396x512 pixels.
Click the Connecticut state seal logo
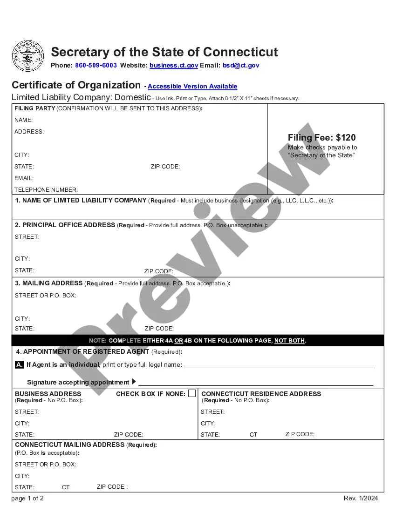point(28,56)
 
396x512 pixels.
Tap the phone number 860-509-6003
point(96,66)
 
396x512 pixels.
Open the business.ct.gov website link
point(174,66)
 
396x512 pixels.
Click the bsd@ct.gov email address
point(241,66)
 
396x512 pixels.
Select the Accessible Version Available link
point(192,87)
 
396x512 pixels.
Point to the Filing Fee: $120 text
point(321,137)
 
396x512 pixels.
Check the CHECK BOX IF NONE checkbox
point(192,394)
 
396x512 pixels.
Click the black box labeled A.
point(19,365)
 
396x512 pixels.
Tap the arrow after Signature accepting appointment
point(134,382)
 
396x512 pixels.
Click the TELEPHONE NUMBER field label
point(46,190)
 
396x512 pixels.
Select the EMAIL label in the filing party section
point(24,178)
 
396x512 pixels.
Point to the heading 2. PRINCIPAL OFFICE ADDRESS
point(65,225)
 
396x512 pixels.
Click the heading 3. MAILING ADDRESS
point(49,283)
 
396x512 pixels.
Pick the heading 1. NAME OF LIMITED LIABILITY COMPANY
point(81,201)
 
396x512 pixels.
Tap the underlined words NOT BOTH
point(289,341)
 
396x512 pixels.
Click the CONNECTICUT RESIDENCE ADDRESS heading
point(261,394)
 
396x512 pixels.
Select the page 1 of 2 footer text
point(27,499)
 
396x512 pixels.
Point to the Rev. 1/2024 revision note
point(361,499)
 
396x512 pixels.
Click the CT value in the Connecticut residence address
point(253,435)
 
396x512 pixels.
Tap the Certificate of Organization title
point(76,85)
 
